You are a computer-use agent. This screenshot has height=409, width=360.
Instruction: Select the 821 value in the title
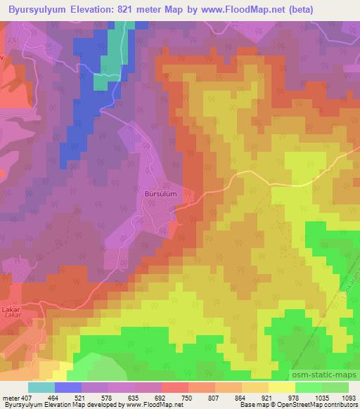(150, 8)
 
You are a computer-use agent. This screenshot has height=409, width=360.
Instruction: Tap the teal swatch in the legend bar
(41, 387)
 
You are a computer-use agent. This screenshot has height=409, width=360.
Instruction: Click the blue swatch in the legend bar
(67, 387)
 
